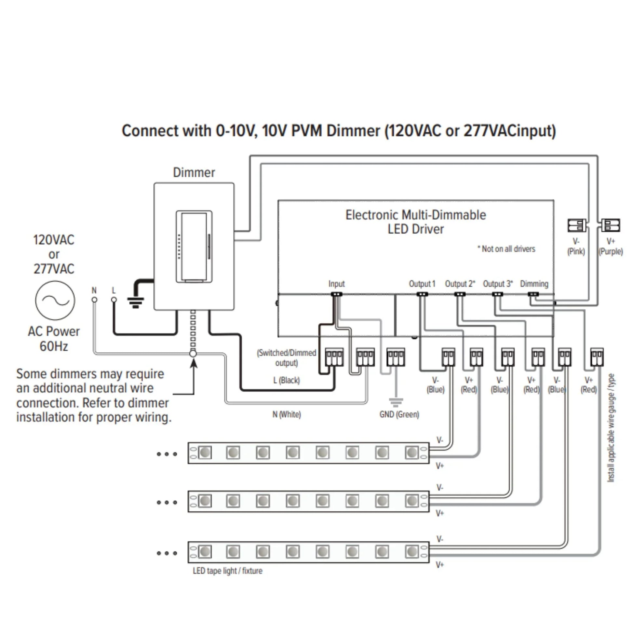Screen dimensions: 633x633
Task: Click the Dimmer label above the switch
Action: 194,173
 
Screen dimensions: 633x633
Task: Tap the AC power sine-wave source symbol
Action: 55,300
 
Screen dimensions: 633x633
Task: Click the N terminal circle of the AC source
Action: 94,300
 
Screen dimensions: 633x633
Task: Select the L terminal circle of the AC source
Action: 114,300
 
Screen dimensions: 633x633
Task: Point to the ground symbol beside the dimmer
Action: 136,303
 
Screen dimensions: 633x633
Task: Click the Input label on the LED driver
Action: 336,284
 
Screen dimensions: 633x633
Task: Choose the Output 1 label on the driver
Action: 422,284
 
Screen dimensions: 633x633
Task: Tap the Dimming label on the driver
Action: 534,284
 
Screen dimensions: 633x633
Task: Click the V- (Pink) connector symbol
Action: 577,226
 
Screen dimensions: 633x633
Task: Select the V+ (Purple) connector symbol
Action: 611,226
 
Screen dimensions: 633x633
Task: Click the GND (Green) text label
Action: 399,414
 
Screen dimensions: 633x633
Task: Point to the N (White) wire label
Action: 287,414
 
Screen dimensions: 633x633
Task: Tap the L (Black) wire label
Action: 287,380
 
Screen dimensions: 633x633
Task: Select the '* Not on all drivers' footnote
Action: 506,249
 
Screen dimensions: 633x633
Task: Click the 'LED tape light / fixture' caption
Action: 227,571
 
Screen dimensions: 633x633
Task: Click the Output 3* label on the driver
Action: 498,284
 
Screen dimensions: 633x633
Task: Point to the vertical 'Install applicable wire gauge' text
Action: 611,427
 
